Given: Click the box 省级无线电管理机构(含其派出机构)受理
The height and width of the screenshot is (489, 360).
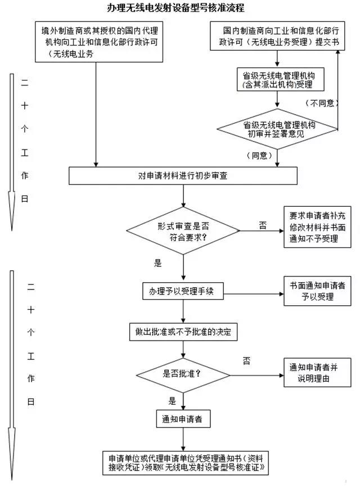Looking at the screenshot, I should coord(277,79).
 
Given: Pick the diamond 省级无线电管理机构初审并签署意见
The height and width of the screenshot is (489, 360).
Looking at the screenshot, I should coord(278,129).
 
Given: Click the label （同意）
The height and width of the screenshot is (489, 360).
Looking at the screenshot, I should coord(260,155).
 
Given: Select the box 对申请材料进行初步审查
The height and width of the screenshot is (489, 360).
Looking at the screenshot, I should coord(183,175).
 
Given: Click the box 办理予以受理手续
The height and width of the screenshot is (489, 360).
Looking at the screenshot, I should coord(183,291).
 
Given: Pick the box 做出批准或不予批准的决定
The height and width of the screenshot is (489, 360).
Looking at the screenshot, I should coord(183,332).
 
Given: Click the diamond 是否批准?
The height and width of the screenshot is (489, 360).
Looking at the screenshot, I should coord(183,373).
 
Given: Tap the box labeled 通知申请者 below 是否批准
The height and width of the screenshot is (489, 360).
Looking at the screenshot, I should coord(183,419).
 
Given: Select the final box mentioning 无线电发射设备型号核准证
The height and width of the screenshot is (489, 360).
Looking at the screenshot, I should coord(183,462).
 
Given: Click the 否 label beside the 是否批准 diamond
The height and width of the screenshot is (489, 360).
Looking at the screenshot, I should coord(246,360).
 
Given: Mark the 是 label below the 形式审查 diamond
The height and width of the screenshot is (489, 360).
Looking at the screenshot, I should coord(157,262).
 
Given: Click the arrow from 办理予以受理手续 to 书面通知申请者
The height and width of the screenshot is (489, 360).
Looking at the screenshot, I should coord(253,292).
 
